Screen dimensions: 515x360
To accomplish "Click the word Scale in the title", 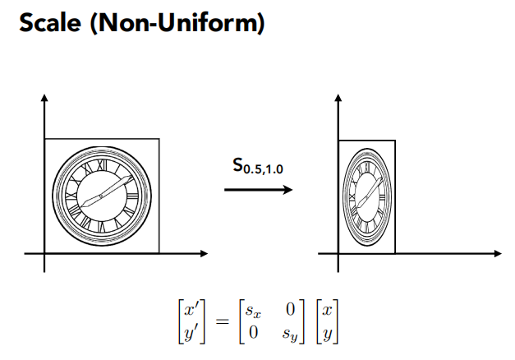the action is click(x=50, y=23).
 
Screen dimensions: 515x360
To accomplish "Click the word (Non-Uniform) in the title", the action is click(x=177, y=23).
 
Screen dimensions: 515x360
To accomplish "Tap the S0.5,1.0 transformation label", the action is click(x=258, y=166).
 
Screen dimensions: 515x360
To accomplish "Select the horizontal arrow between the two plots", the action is click(x=258, y=190).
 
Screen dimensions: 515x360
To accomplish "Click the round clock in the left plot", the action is click(x=102, y=196).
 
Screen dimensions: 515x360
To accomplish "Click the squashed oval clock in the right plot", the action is click(x=367, y=197).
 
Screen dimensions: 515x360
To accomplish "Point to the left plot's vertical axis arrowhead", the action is click(x=44, y=98).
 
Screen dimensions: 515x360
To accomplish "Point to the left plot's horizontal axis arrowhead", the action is click(x=204, y=253).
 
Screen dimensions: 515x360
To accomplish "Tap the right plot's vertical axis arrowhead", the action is click(x=338, y=98).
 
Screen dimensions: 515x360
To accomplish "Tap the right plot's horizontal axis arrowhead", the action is click(x=498, y=253).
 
